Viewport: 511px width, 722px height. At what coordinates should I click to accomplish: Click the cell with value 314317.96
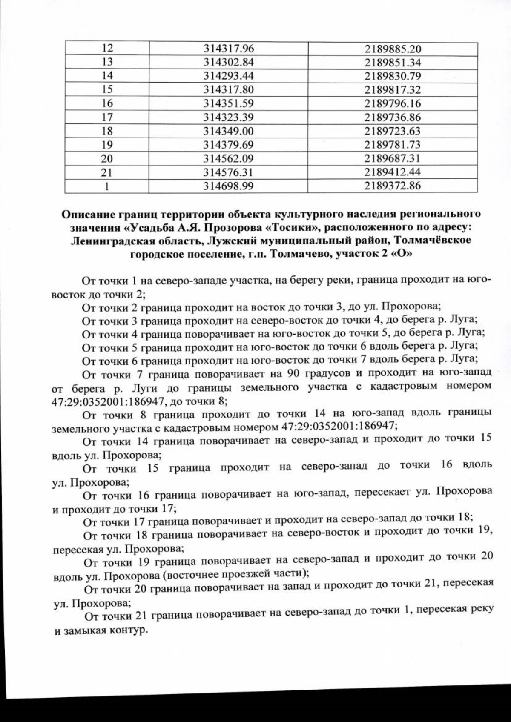(x=228, y=49)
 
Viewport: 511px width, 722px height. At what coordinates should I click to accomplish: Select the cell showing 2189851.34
(x=392, y=63)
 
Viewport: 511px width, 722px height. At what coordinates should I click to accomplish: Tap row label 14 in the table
(x=107, y=76)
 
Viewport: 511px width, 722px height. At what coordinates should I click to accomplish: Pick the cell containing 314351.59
(x=228, y=103)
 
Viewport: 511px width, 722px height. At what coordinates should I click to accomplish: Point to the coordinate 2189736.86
(x=392, y=117)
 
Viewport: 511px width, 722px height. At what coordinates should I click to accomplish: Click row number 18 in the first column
(x=107, y=131)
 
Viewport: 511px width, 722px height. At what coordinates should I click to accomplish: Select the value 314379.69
(x=228, y=144)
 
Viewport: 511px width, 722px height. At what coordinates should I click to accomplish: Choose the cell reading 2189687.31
(x=392, y=158)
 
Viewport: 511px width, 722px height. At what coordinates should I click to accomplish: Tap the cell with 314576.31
(x=228, y=172)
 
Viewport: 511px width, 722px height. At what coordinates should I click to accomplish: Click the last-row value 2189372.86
(x=392, y=186)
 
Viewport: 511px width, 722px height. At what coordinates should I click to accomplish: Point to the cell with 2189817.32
(x=392, y=90)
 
